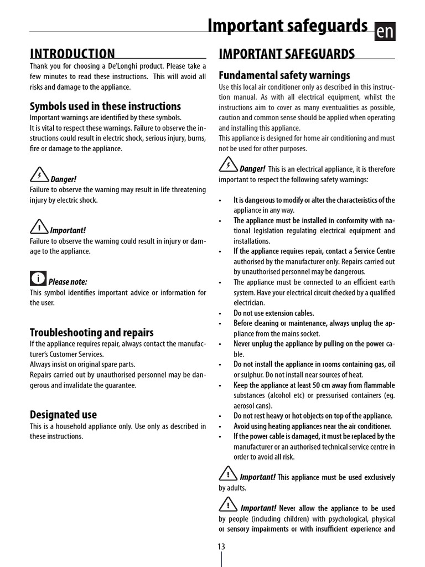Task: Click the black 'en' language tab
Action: (385, 32)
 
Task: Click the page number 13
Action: (221, 547)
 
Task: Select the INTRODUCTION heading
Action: (72, 54)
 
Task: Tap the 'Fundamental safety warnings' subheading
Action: (284, 75)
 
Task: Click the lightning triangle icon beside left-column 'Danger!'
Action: (39, 176)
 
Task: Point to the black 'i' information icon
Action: (38, 278)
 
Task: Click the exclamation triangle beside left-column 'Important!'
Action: (39, 227)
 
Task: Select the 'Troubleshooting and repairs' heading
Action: (91, 332)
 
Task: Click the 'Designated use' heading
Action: (63, 414)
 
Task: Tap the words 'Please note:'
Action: (68, 282)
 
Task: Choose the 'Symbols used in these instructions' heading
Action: (105, 106)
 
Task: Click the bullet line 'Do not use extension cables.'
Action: (273, 313)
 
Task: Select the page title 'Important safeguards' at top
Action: (287, 25)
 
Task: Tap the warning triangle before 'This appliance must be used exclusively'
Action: (228, 473)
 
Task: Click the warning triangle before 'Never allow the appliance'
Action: (228, 504)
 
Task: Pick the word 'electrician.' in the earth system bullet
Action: (249, 303)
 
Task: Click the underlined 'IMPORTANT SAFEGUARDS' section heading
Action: (287, 54)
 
